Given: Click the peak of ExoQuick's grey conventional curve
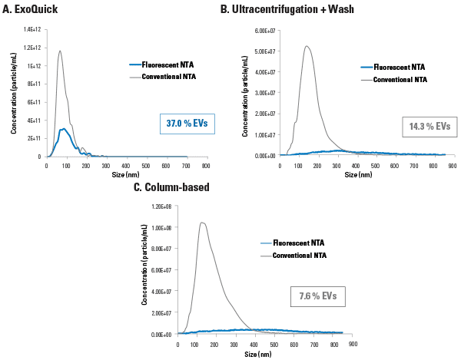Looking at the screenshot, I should tap(60, 51).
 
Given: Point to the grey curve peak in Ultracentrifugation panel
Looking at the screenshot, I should tap(307, 46).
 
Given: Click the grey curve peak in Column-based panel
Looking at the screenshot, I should tap(202, 223).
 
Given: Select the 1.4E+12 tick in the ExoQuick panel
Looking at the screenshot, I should tap(33, 29).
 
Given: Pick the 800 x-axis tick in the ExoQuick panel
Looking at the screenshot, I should tap(205, 165).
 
